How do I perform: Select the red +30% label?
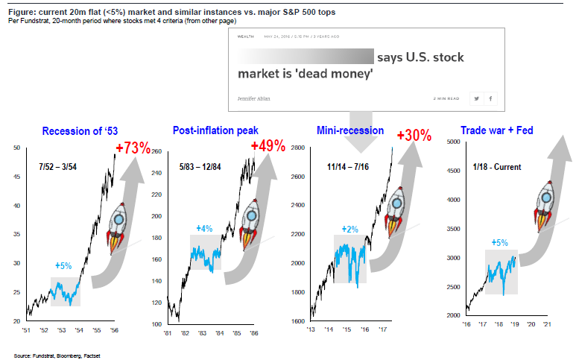pos(414,136)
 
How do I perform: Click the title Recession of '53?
pos(80,132)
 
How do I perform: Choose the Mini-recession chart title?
pos(350,130)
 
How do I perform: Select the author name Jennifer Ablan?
pos(254,98)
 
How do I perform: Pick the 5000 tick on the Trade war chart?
pos(455,142)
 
